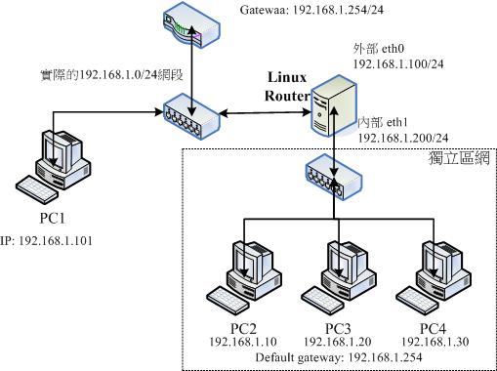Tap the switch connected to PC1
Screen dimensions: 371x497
(191, 116)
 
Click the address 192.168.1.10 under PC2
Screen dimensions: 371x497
(244, 343)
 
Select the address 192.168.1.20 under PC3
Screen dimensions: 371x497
(339, 343)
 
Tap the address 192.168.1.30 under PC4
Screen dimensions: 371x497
(431, 343)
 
